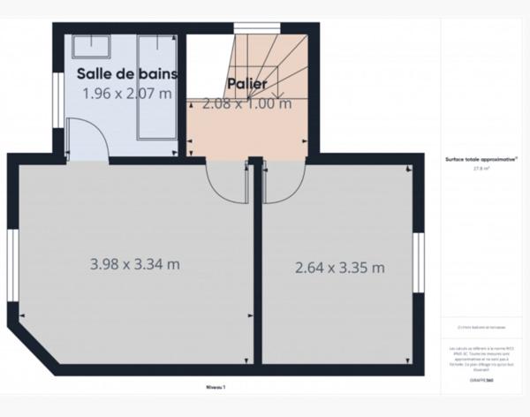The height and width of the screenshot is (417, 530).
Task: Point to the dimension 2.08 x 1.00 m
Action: pyautogui.click(x=247, y=103)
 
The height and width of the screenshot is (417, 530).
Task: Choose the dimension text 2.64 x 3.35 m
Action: pyautogui.click(x=339, y=267)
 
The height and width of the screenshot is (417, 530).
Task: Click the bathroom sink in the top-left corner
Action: pyautogui.click(x=91, y=46)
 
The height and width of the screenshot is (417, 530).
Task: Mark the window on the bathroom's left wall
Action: pyautogui.click(x=57, y=92)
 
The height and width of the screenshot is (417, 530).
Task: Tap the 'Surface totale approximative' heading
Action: pyautogui.click(x=481, y=160)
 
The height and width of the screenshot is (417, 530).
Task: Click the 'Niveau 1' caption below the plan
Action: pyautogui.click(x=216, y=387)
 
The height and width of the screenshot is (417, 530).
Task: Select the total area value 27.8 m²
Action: pyautogui.click(x=481, y=167)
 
